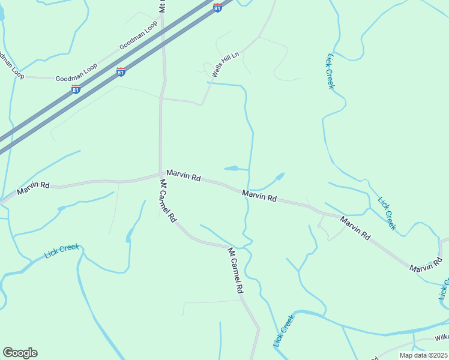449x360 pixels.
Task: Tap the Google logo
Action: (20, 353)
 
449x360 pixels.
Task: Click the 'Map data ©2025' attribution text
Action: (423, 355)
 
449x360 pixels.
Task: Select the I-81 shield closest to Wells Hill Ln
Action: (217, 7)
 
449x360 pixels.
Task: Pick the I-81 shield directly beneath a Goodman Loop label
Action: (76, 89)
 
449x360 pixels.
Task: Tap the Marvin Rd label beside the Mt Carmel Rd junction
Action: (184, 176)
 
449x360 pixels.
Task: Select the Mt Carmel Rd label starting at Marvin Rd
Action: (167, 201)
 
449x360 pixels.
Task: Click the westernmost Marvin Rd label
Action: (33, 187)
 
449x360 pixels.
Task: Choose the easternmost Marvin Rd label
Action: (426, 264)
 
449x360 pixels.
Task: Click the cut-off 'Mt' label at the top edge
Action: (162, 6)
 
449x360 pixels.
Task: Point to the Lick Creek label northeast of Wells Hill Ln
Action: (330, 71)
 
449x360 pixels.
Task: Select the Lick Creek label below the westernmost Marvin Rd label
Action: (62, 251)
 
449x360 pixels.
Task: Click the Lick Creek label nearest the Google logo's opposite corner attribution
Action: (284, 331)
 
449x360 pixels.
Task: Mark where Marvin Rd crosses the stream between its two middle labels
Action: (247, 191)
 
